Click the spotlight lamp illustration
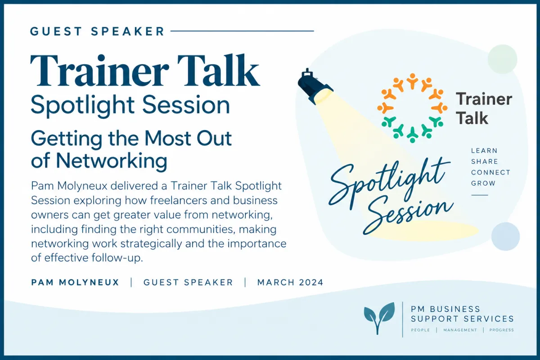(x=315, y=87)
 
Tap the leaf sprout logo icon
(x=379, y=318)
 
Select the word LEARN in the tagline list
(x=484, y=151)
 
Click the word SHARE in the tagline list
(x=485, y=162)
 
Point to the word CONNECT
(x=491, y=172)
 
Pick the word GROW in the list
(x=483, y=183)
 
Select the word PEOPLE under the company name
(x=420, y=330)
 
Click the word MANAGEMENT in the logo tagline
(x=460, y=330)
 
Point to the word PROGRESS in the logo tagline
(x=501, y=330)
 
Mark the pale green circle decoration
(x=502, y=59)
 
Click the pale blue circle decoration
(x=505, y=236)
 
